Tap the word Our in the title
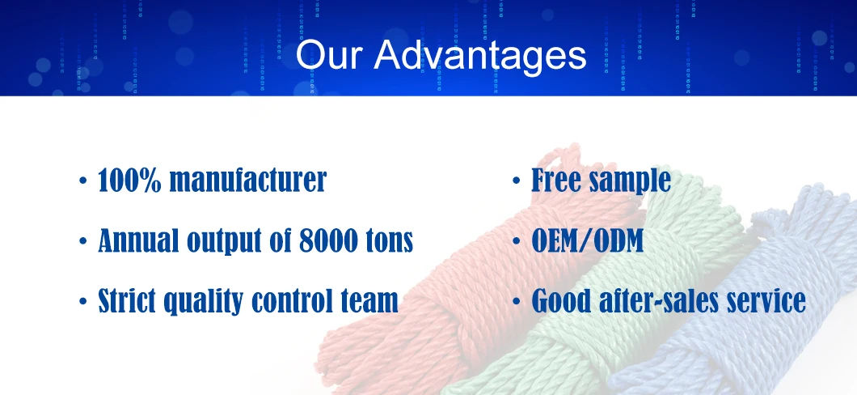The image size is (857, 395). (x=330, y=55)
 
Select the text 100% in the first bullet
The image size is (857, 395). (x=129, y=180)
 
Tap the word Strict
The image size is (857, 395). (x=128, y=300)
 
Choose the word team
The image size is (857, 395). (x=369, y=301)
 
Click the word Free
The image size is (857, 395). (x=552, y=180)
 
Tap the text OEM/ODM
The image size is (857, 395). (x=588, y=240)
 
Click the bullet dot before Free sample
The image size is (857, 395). (x=516, y=181)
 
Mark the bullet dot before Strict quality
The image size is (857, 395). (x=82, y=301)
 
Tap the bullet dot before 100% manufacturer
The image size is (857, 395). (x=82, y=181)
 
